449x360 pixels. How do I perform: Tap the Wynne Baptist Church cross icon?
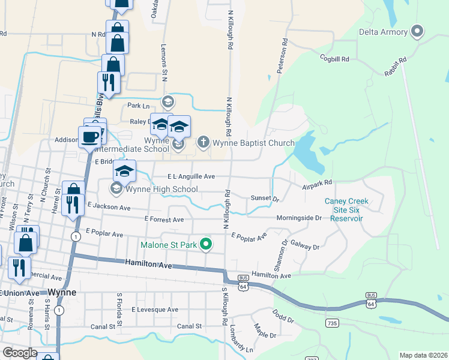point(203,143)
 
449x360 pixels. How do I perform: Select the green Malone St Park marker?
point(206,244)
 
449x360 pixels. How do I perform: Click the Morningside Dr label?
point(299,218)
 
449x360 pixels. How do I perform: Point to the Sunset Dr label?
point(265,198)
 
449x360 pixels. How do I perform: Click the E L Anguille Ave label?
point(191,176)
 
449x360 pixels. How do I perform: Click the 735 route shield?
point(331,323)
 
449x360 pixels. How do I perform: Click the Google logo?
point(19,353)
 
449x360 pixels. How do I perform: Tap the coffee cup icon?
point(90,137)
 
